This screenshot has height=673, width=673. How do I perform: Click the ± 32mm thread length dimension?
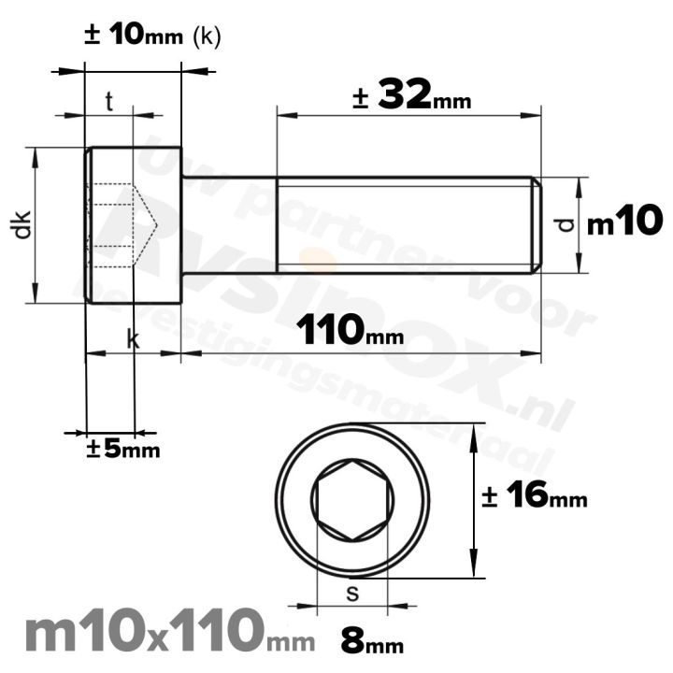point(411,96)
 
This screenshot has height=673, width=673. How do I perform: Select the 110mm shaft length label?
point(351,330)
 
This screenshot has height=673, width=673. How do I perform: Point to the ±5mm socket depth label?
point(123,450)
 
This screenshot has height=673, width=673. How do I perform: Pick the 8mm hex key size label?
point(363,644)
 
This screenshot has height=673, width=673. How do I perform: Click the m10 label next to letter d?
point(624,223)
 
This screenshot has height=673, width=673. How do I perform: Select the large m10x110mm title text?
point(155,633)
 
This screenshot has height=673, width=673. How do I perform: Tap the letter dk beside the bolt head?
point(22,224)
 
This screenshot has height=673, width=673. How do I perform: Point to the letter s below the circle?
point(351,592)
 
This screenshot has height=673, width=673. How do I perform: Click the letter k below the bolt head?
point(133,341)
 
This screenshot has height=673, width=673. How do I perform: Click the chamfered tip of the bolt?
point(537,224)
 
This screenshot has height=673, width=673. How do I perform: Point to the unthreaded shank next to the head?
point(228,224)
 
